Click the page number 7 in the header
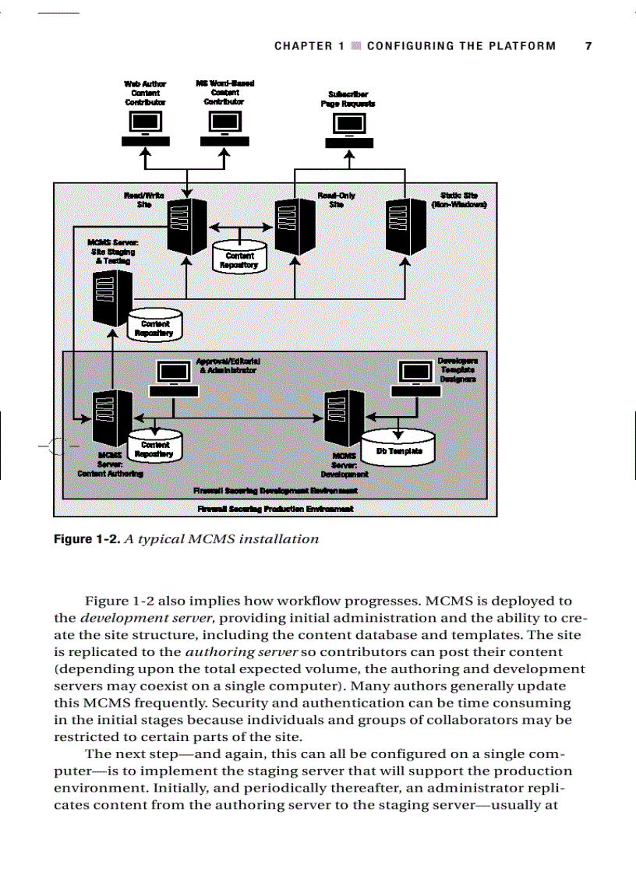click(x=588, y=46)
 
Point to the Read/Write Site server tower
click(x=186, y=226)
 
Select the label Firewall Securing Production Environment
click(x=276, y=509)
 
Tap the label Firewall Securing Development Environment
click(x=275, y=491)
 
